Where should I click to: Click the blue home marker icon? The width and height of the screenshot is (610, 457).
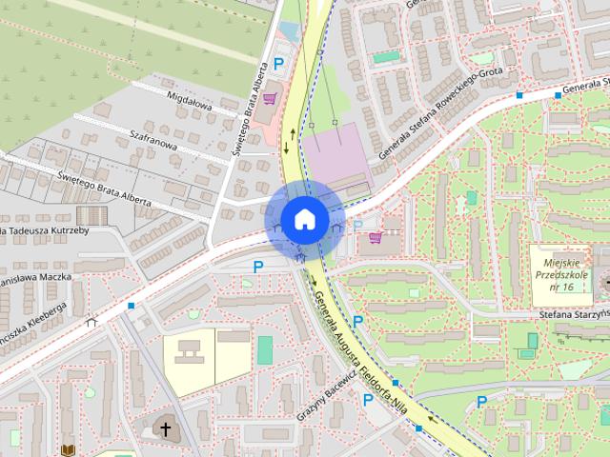pyautogui.click(x=303, y=219)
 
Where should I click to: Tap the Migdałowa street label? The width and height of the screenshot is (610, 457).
pyautogui.click(x=188, y=102)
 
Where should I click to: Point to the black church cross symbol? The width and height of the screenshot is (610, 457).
pyautogui.click(x=166, y=429)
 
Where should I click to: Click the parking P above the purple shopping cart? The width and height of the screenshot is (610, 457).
pyautogui.click(x=279, y=66)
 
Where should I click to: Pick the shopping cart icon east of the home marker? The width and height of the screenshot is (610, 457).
pyautogui.click(x=376, y=237)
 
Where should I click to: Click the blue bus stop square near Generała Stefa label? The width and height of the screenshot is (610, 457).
pyautogui.click(x=519, y=96)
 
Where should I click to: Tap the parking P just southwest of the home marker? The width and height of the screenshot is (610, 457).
pyautogui.click(x=257, y=268)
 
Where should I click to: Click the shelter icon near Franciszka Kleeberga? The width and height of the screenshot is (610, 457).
pyautogui.click(x=92, y=321)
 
